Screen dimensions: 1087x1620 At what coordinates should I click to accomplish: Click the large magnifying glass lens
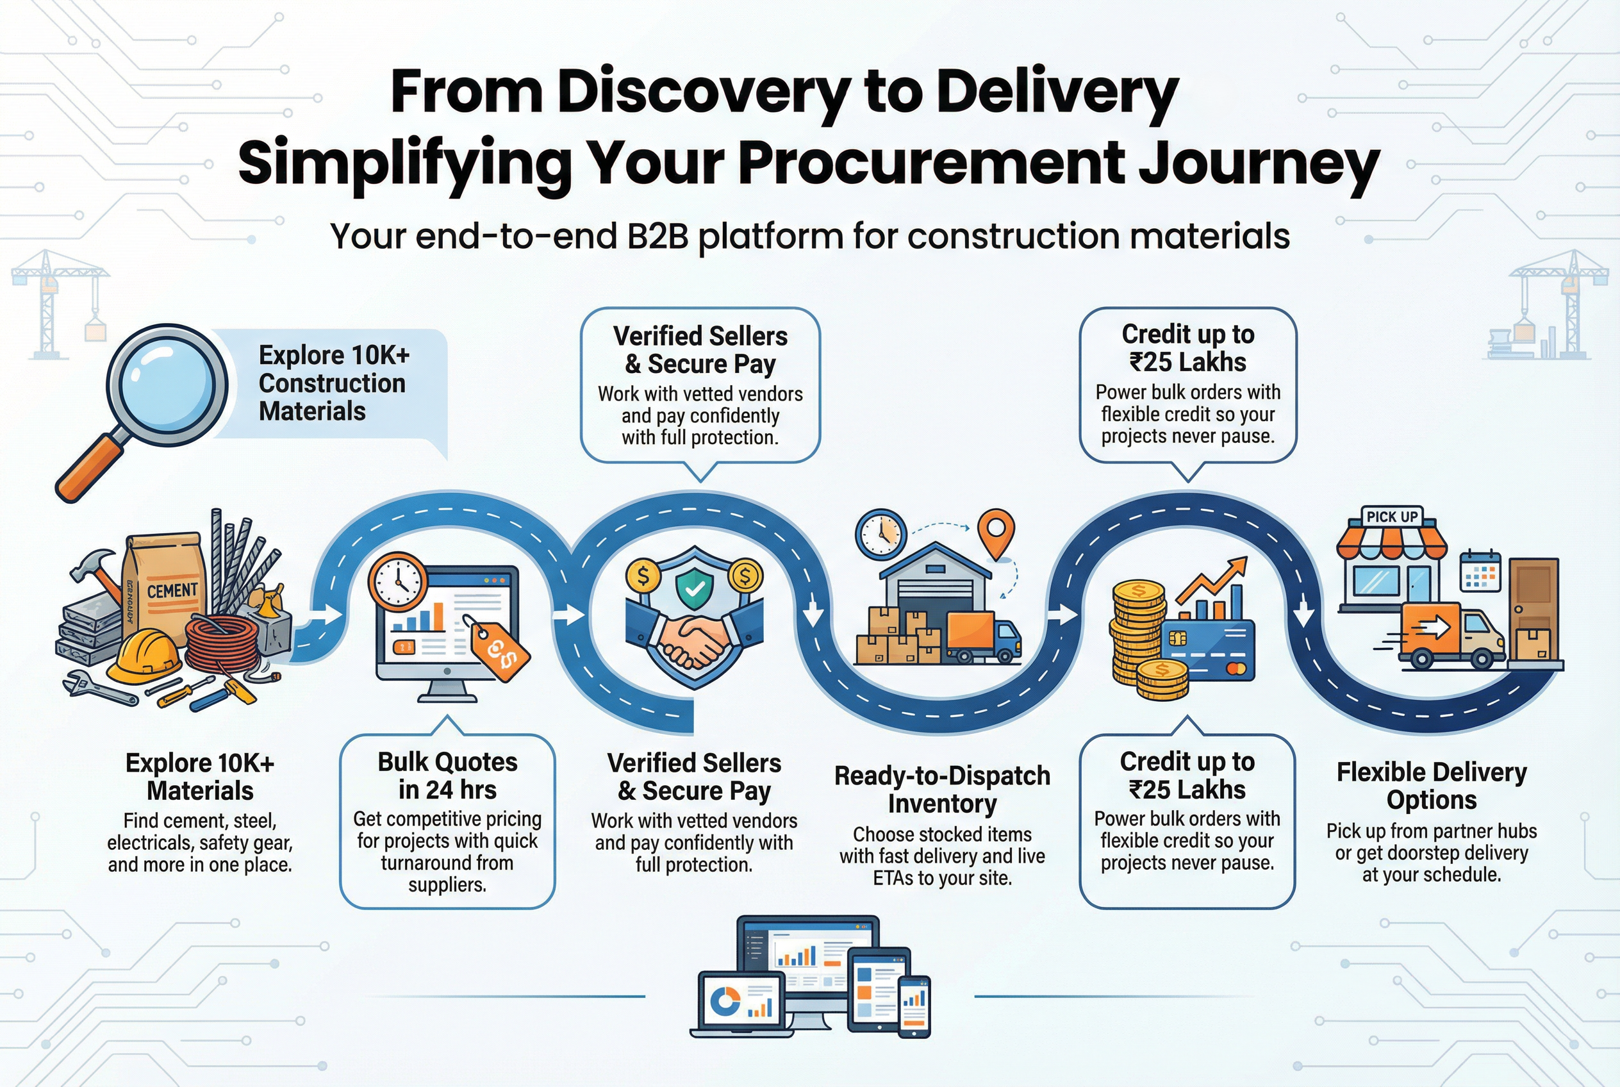pos(167,385)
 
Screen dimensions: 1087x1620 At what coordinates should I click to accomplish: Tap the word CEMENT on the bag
pos(172,591)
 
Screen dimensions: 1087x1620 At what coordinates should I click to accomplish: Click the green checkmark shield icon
pos(695,589)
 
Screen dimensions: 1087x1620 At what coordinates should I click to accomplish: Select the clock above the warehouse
pos(881,534)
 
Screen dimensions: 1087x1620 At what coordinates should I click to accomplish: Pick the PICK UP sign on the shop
pos(1391,517)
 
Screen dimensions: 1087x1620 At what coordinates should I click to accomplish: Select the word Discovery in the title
pos(703,92)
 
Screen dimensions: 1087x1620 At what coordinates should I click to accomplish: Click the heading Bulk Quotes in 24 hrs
pos(447,776)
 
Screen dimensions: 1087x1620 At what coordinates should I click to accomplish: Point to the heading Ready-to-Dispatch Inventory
pos(941,790)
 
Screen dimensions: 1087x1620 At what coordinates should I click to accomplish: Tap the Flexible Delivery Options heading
pos(1431,785)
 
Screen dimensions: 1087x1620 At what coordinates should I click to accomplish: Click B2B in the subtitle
pos(657,236)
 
